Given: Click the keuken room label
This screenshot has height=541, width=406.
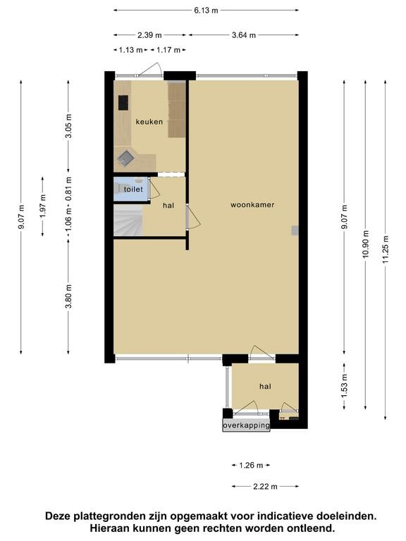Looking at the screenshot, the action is click(149, 122).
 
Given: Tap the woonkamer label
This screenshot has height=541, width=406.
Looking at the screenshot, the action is click(252, 204).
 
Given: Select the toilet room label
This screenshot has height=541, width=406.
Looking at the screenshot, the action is click(133, 189).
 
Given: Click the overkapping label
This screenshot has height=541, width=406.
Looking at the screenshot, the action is click(246, 425).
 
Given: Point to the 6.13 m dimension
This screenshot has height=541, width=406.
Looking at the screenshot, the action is click(206, 11).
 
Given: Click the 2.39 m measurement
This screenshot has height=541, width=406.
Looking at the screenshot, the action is click(149, 35).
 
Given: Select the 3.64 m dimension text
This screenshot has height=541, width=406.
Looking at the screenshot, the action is click(244, 35).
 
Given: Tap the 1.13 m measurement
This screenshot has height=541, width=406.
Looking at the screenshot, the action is click(131, 50).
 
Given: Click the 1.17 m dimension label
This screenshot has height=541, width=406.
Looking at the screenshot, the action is click(168, 50).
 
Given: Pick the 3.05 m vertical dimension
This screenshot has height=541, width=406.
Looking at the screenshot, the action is click(68, 125).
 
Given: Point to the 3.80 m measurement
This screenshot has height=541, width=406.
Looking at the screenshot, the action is click(68, 297).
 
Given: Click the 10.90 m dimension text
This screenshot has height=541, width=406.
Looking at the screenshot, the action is click(366, 244).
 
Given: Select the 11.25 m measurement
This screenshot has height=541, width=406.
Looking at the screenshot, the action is click(386, 249).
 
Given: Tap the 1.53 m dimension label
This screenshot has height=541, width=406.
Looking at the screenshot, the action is click(345, 385).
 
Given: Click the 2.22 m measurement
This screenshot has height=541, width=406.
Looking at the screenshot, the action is click(265, 487).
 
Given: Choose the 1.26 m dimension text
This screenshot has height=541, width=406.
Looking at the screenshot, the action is click(251, 466).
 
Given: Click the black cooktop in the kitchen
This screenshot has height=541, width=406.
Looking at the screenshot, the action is click(123, 103).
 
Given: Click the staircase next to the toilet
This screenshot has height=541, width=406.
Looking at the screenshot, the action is click(128, 220).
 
